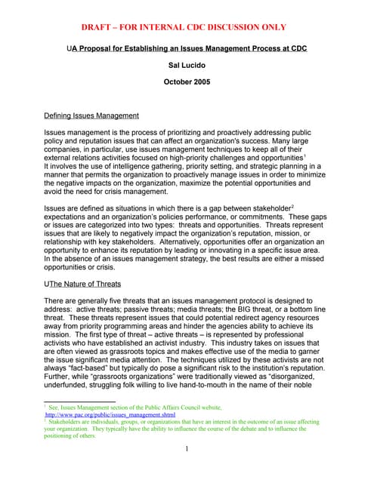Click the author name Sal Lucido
187,66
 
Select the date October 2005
187,82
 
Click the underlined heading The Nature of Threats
82,284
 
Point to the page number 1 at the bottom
187,451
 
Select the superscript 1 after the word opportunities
304,156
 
